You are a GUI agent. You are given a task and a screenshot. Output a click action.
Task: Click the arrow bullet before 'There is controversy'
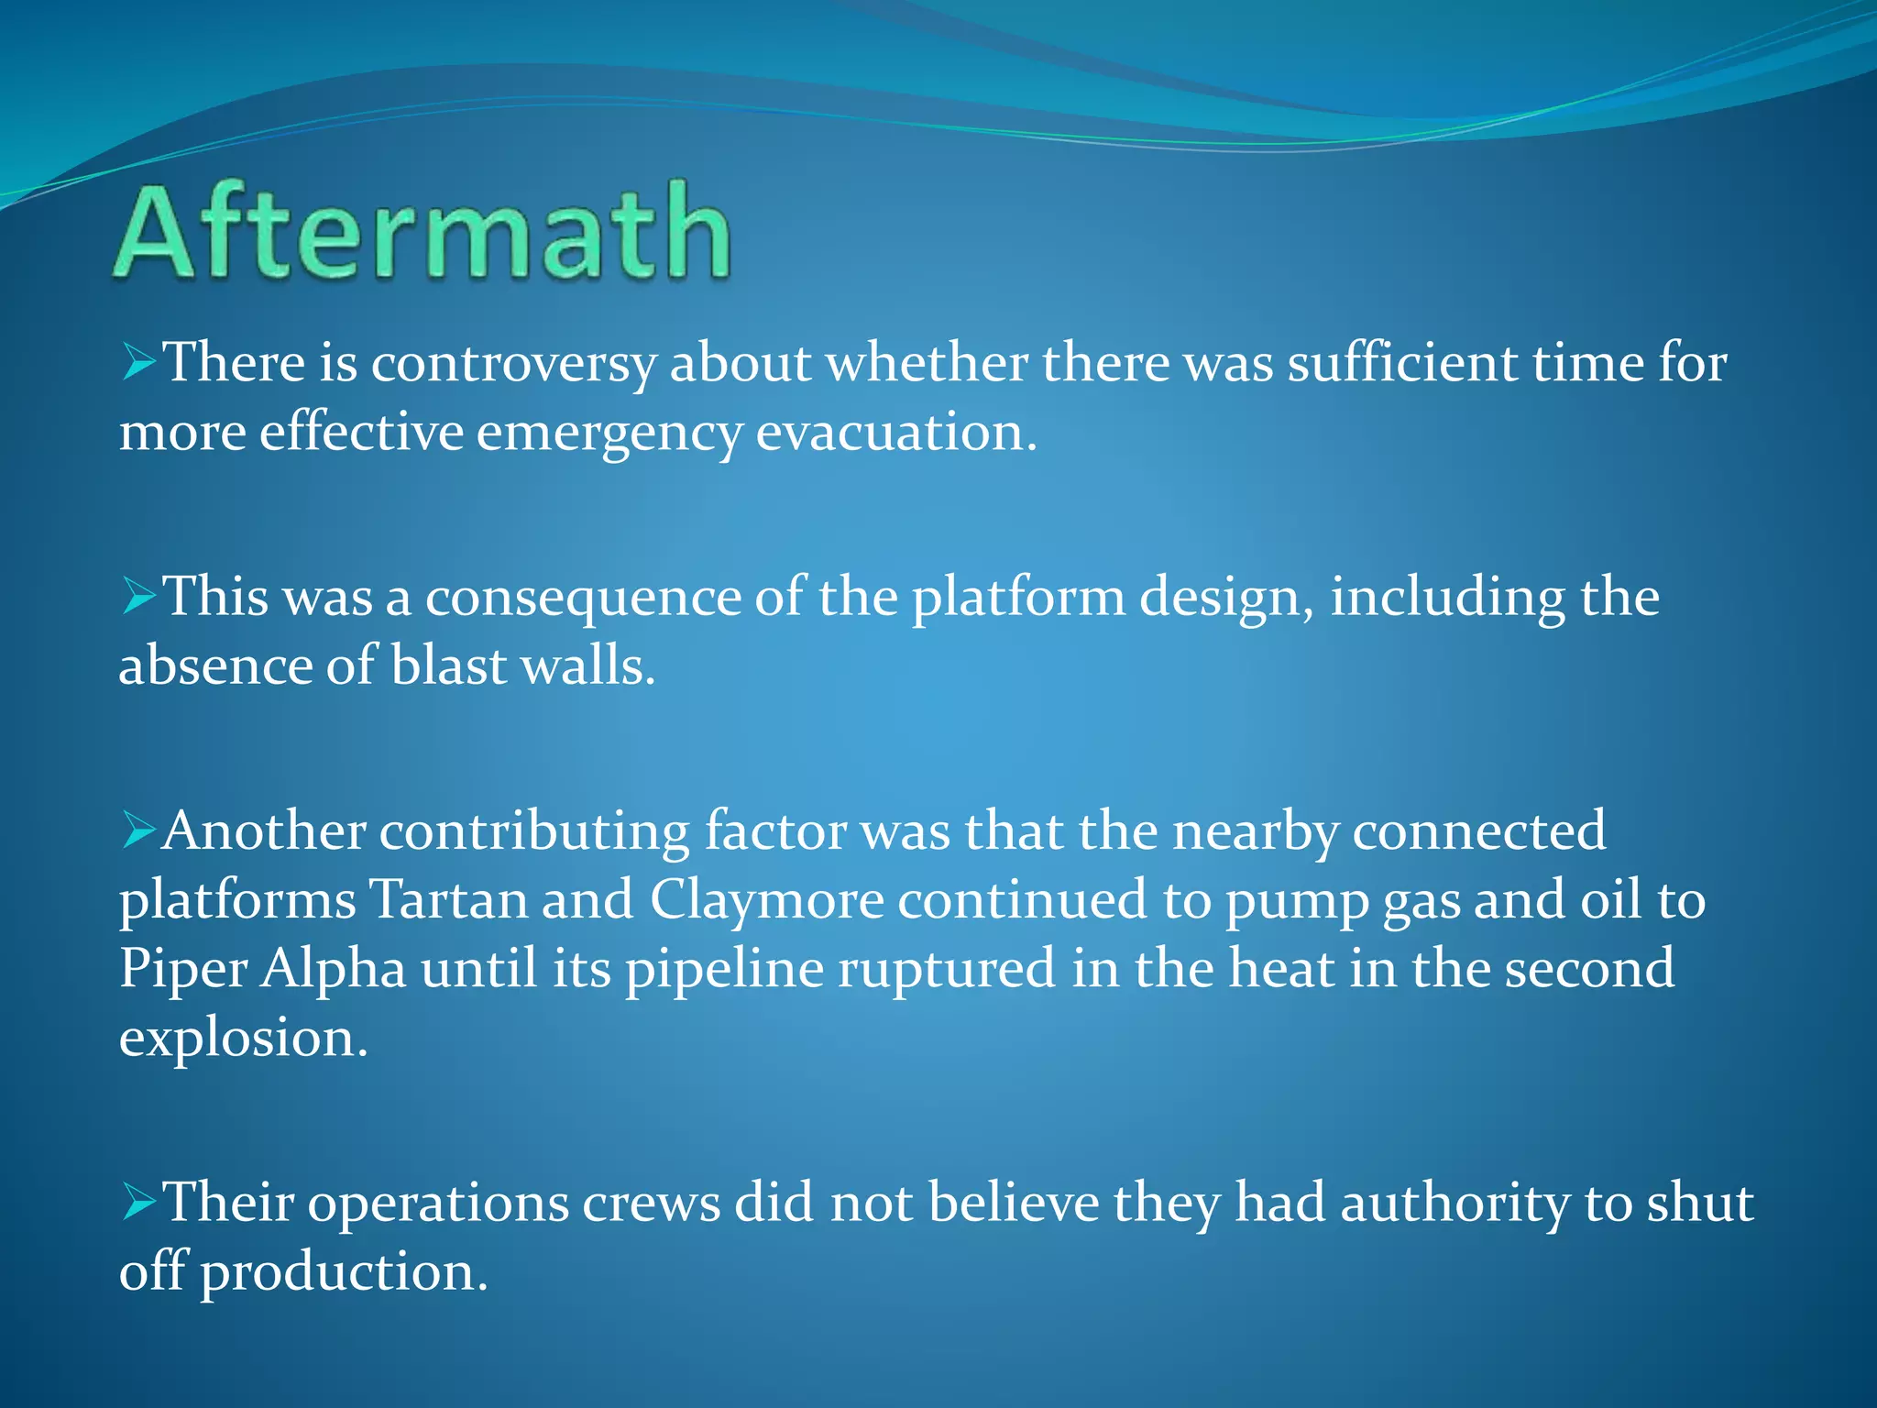(x=139, y=363)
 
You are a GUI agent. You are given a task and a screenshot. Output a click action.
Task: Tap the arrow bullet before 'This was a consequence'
(x=139, y=598)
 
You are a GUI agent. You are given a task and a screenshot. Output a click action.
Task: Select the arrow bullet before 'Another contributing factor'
(x=139, y=831)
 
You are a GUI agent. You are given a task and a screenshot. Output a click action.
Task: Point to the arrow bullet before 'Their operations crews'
(x=139, y=1203)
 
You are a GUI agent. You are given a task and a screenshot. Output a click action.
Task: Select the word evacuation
(x=895, y=433)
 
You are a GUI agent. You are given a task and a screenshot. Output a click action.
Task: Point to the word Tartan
(x=448, y=900)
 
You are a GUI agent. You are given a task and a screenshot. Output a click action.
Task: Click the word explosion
(x=243, y=1039)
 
